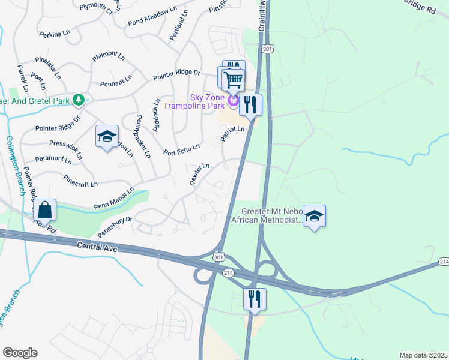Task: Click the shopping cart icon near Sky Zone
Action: pos(233,79)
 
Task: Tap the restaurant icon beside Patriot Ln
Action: pos(250,105)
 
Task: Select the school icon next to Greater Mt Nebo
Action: pos(314,217)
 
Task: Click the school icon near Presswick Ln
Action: pos(106,137)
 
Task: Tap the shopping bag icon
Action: pos(44,210)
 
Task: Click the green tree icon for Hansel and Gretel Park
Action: pos(77,99)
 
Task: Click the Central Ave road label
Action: pos(95,245)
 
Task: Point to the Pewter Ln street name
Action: pos(200,174)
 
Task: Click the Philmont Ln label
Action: pos(109,56)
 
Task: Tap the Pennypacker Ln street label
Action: pos(143,136)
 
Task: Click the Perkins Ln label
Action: pos(55,34)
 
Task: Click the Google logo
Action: pos(20,353)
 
